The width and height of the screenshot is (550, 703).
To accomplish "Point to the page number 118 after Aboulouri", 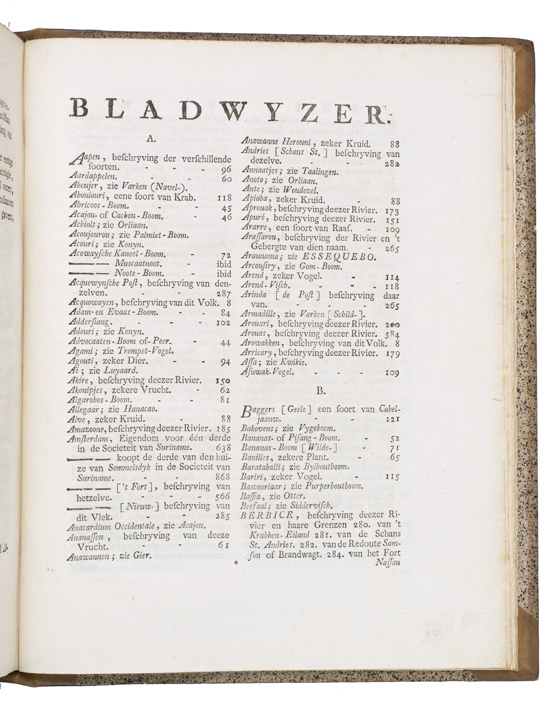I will [x=224, y=198].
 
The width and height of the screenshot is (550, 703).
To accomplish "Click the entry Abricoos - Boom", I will [x=99, y=207].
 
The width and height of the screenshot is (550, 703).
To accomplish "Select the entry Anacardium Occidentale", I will [x=111, y=526].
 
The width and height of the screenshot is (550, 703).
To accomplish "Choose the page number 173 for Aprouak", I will [x=392, y=211].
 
